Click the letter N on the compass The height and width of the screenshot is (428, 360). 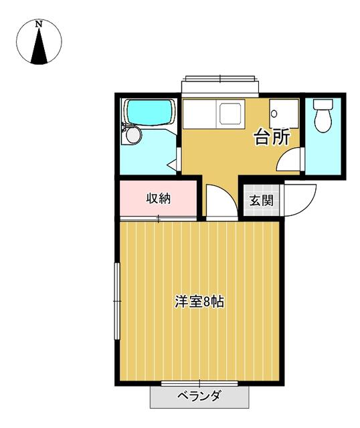click(x=39, y=24)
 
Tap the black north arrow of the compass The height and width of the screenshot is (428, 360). click(x=39, y=46)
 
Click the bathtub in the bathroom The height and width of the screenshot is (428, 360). click(x=150, y=113)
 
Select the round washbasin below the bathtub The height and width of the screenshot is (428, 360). click(x=134, y=135)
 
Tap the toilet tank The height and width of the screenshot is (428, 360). click(x=323, y=104)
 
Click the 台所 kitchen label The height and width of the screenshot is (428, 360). click(x=272, y=137)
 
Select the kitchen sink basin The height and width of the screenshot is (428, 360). click(x=230, y=114)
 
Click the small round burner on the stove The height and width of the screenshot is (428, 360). click(x=274, y=114)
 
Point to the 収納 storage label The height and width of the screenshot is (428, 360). click(x=159, y=198)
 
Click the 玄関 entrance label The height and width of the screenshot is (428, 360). click(x=262, y=201)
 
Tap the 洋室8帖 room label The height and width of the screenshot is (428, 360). click(x=199, y=302)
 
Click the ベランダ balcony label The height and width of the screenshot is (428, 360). click(x=199, y=395)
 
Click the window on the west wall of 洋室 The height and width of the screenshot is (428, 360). click(x=117, y=301)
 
